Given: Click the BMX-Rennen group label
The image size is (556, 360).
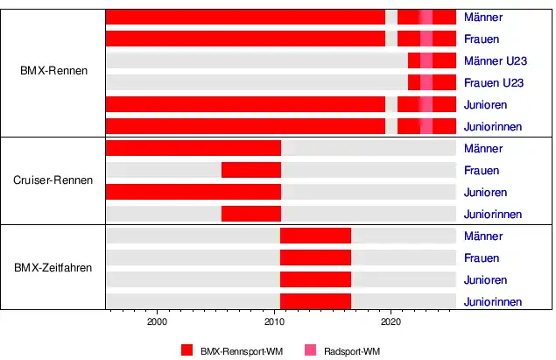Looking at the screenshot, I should (x=53, y=71).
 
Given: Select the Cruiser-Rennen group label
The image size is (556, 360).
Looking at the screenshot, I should (x=53, y=180).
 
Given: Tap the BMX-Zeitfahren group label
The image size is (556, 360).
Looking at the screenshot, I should (x=53, y=268).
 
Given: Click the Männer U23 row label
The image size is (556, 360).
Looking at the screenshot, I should (x=495, y=61).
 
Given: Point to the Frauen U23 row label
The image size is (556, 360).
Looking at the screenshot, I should (x=494, y=83).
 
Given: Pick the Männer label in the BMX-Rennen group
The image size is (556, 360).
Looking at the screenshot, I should (x=483, y=18).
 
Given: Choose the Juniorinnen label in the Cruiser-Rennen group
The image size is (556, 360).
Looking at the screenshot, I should (x=493, y=215).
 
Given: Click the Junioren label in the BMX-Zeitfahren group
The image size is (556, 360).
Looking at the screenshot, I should (x=486, y=280).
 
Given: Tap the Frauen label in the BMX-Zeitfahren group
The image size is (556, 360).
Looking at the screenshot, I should (x=482, y=258).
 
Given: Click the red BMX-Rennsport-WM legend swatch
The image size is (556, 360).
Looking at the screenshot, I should (x=187, y=350).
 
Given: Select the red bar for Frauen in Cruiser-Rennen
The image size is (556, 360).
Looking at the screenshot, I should (x=251, y=170).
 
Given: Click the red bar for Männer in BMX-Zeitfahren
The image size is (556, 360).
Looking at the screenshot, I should (x=315, y=236).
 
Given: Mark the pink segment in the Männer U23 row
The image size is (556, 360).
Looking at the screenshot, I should (x=426, y=60).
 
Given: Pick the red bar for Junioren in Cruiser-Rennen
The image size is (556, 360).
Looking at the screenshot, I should (x=193, y=192).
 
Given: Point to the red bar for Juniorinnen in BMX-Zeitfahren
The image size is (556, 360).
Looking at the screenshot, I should (x=315, y=301).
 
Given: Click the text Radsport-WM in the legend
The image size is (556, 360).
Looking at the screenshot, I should (x=352, y=350).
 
